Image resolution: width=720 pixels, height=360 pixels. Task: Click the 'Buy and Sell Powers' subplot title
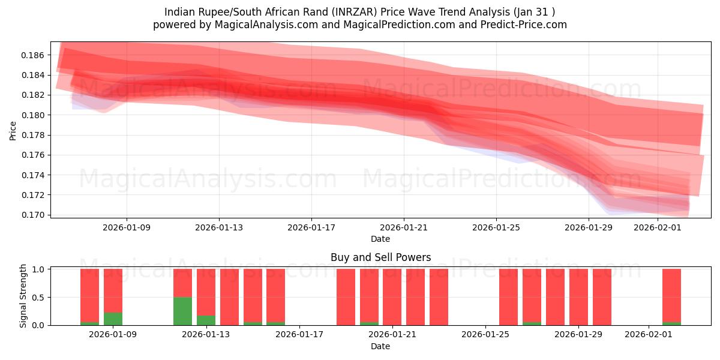click(x=380, y=257)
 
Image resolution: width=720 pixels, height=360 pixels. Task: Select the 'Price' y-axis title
click(x=13, y=130)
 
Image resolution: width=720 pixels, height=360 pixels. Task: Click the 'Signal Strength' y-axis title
click(x=23, y=296)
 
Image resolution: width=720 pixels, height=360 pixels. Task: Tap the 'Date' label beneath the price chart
click(x=380, y=239)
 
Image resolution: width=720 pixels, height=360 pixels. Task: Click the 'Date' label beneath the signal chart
click(x=380, y=346)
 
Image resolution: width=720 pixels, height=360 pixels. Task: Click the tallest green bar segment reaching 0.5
click(x=182, y=311)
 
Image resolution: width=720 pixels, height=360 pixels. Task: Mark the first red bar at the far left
click(x=89, y=295)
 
